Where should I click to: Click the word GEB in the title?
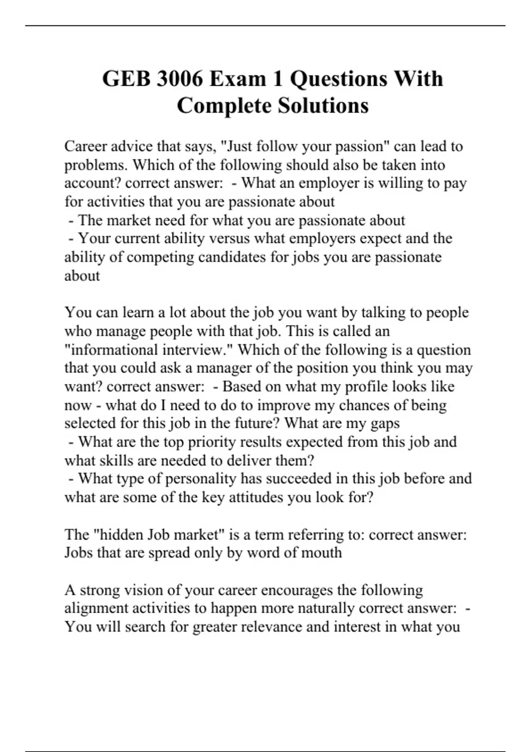(x=126, y=79)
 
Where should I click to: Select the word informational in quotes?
(x=115, y=350)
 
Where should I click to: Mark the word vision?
(x=141, y=590)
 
